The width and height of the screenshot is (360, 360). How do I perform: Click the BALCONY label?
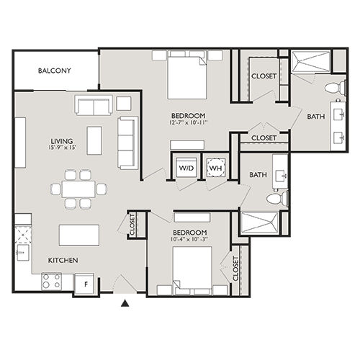tap(55, 71)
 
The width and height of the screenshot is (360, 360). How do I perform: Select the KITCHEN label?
tap(63, 260)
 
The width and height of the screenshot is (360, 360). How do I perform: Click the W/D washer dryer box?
tap(185, 169)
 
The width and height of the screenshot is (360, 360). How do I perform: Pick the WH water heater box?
tap(215, 169)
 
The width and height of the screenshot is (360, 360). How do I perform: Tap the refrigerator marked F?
tap(86, 282)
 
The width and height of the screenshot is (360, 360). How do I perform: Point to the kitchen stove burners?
tap(52, 281)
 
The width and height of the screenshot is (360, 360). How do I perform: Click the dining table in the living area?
tap(76, 189)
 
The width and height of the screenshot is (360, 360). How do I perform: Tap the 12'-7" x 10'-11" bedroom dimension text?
tap(189, 124)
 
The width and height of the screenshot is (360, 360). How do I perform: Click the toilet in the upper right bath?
tap(330, 89)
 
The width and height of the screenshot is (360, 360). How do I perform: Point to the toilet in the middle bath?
tap(274, 198)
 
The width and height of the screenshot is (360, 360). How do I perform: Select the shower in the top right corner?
tap(311, 63)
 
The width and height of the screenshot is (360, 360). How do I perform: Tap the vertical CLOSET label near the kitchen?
tap(132, 224)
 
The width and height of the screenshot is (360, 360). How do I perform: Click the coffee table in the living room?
tap(95, 136)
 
